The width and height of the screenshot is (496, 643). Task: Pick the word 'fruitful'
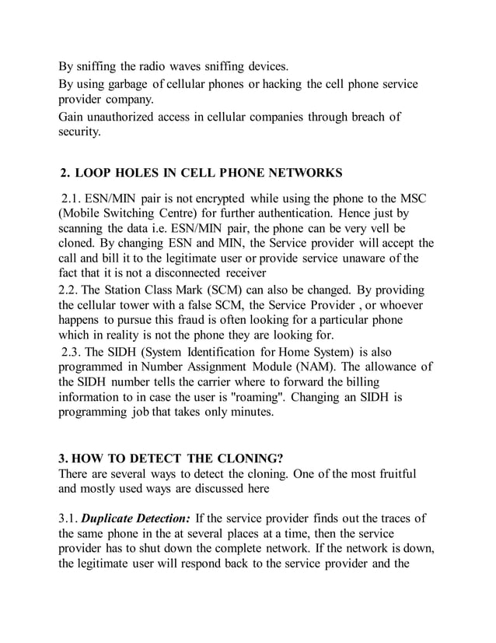click(389, 474)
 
